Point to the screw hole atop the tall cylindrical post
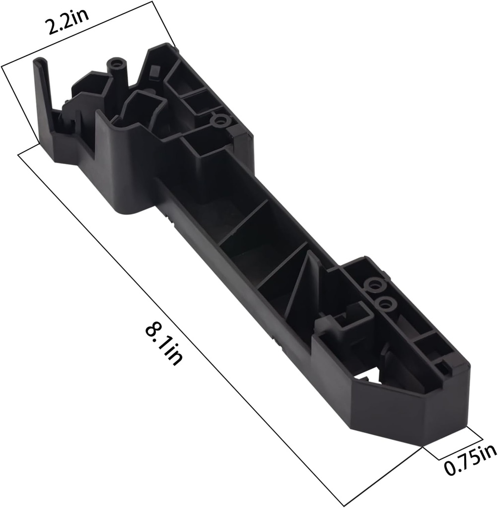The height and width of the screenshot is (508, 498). (x=117, y=64)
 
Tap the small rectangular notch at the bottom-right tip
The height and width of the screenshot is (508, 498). (x=441, y=367)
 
